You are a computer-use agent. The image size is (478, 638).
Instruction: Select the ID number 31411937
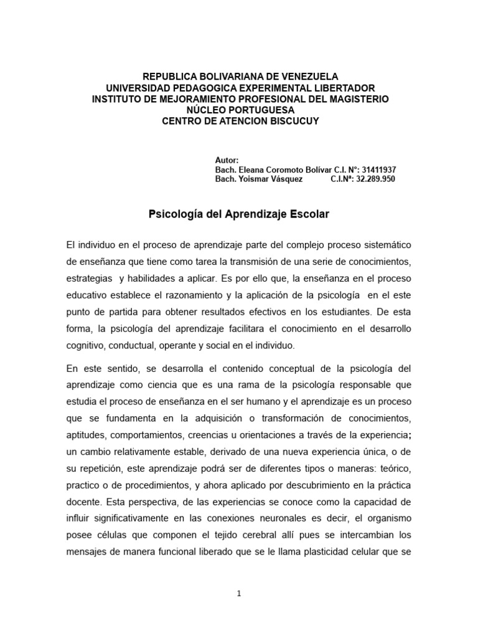click(x=374, y=169)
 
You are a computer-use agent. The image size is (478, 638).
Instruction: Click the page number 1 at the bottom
click(x=239, y=594)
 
